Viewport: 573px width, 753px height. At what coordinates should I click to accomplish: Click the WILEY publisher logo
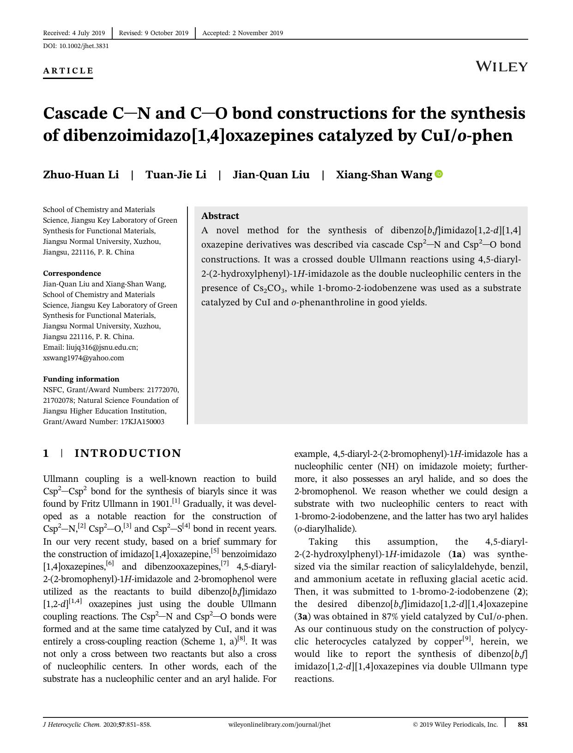click(501, 67)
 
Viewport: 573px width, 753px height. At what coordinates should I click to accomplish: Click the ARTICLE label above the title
click(68, 71)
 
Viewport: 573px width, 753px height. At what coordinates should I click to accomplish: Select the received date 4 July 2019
click(88, 33)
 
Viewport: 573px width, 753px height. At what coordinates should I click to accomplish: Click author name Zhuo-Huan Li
click(81, 175)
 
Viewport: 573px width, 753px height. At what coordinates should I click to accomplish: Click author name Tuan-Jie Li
click(176, 175)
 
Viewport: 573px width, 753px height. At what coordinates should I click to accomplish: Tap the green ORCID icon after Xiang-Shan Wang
click(439, 174)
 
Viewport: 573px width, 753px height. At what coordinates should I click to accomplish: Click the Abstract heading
click(220, 216)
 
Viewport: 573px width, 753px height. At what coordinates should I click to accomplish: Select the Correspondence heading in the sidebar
click(72, 273)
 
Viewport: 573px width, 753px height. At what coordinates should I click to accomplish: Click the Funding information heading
click(81, 379)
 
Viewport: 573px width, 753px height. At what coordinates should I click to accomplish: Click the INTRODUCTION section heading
click(128, 453)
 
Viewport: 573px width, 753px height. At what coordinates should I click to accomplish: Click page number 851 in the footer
click(522, 724)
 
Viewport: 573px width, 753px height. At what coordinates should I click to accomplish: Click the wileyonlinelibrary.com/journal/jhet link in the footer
click(279, 724)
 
